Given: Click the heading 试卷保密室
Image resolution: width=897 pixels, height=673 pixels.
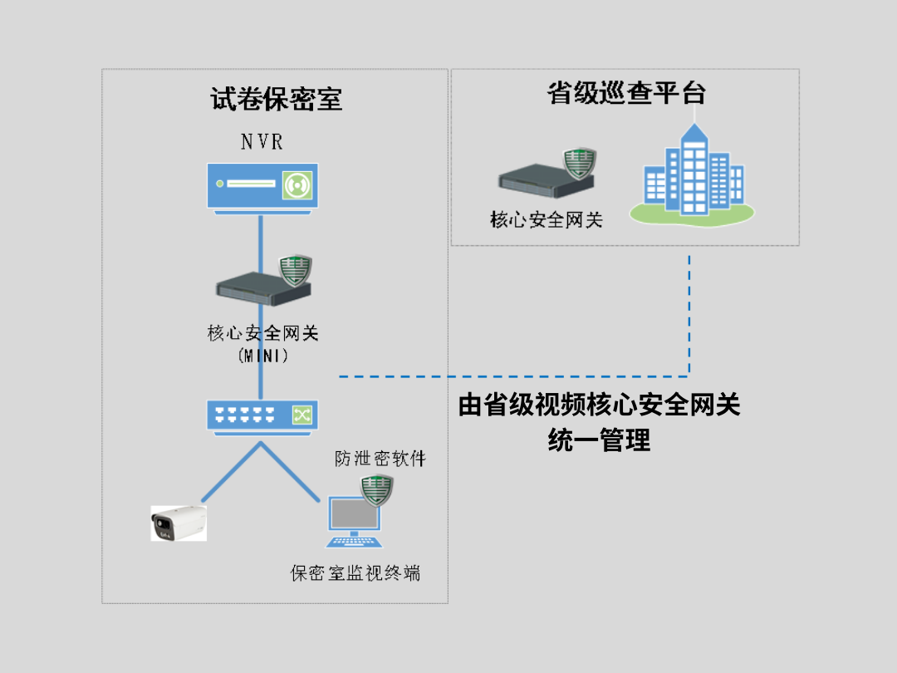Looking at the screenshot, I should [276, 100].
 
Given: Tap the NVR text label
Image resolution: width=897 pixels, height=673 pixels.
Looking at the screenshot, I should [262, 142].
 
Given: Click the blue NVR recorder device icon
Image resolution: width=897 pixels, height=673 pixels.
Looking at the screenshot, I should [262, 185].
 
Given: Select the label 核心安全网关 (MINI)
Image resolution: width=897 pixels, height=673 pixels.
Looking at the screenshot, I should [262, 344].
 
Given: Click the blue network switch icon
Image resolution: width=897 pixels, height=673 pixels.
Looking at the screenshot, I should [262, 415].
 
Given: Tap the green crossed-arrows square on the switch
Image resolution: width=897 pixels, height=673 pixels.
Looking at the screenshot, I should [300, 414].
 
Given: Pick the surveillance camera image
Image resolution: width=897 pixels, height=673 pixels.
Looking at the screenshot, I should [179, 523].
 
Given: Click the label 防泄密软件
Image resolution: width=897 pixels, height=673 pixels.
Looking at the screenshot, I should [380, 458].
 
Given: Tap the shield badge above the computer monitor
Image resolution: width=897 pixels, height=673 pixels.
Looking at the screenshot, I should [377, 492].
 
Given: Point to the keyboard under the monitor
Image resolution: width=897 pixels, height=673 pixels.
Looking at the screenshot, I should [355, 542].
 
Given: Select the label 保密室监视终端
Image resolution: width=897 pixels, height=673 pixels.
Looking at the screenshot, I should [355, 572].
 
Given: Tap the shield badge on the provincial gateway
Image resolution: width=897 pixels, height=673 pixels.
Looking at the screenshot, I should [580, 163].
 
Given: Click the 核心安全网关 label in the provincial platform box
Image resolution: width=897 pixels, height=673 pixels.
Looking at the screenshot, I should [547, 220].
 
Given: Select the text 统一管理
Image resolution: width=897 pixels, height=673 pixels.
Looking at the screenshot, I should [599, 440].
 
